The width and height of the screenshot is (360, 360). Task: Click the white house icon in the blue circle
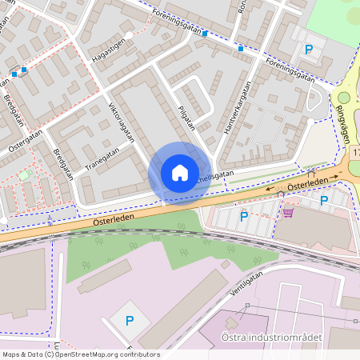(180, 172)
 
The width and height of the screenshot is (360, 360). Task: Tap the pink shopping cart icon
(288, 212)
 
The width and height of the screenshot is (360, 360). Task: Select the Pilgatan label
(186, 117)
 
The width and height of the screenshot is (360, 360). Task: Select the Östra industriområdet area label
(283, 338)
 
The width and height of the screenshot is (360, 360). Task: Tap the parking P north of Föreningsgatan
(309, 50)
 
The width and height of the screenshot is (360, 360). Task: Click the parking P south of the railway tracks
(128, 321)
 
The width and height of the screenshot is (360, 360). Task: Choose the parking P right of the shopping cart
(324, 201)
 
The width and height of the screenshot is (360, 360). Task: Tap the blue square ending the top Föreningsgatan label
(206, 34)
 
